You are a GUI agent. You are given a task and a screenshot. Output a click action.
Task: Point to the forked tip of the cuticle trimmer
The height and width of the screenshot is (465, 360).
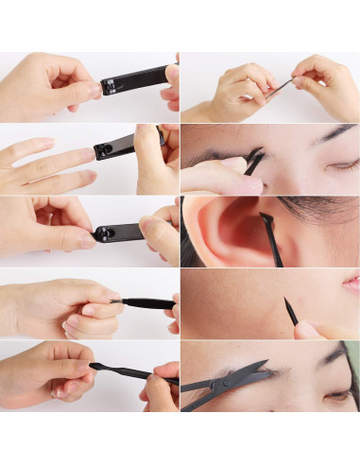(114, 301)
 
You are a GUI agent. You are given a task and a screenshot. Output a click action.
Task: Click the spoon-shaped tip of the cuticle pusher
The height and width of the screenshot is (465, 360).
(95, 366)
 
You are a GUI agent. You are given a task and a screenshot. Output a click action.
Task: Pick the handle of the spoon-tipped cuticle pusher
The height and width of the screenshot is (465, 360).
(142, 375)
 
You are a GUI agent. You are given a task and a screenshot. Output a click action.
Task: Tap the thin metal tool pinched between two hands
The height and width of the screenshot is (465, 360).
(278, 90)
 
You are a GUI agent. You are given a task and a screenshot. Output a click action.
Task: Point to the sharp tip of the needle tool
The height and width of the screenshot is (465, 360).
(285, 301)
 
